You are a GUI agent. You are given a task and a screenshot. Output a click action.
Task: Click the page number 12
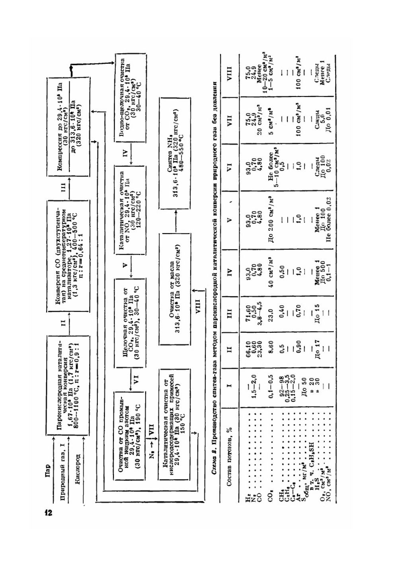(x=48, y=512)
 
